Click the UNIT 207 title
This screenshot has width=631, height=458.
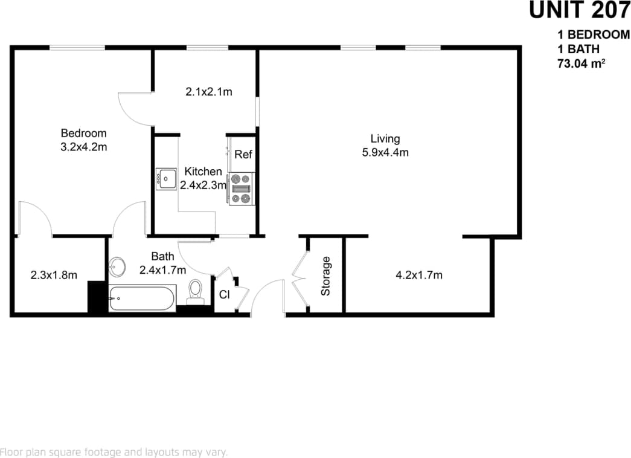pos(579,10)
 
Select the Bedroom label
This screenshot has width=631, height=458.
pos(84,134)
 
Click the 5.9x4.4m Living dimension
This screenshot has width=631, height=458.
pos(385,153)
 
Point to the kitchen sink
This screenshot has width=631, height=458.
pos(165,179)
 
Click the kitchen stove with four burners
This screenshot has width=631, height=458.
pos(242,189)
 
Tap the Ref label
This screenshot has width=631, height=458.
pos(243,155)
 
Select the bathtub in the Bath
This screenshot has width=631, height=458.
pos(143,298)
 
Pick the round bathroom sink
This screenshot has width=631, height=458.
pos(118,266)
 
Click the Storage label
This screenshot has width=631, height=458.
pos(326,276)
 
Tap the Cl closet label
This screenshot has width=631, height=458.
pos(224,295)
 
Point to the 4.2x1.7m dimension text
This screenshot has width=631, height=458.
pos(419,276)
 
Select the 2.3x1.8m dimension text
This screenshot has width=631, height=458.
pos(54,276)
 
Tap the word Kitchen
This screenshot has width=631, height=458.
pos(203,172)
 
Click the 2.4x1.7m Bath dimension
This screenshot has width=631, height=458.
pos(163,270)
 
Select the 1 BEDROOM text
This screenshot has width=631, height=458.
pos(594,35)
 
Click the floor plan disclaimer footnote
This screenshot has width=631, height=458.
pos(114,451)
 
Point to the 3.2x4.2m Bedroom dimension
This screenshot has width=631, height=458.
pos(84,147)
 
